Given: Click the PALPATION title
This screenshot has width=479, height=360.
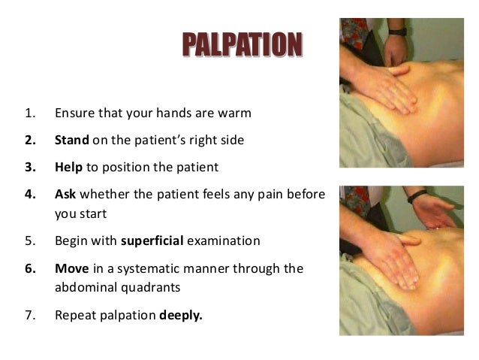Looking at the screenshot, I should click(x=242, y=44).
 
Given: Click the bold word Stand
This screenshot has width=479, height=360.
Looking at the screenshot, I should click(x=72, y=140).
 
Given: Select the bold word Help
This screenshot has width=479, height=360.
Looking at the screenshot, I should click(x=69, y=166).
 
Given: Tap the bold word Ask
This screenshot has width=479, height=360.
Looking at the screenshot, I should click(x=66, y=194).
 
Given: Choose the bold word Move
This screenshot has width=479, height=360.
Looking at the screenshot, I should click(x=71, y=268).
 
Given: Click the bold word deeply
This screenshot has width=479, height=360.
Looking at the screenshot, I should click(x=181, y=315).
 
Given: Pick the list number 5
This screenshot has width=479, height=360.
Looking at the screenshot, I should click(x=29, y=241).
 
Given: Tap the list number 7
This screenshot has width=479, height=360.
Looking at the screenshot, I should click(x=29, y=315).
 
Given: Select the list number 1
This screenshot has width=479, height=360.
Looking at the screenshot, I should click(x=29, y=113).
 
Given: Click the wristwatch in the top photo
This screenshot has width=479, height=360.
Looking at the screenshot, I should click(x=397, y=32).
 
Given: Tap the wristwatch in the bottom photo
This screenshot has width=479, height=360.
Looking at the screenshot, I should click(x=417, y=198).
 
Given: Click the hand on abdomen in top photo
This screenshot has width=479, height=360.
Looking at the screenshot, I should click(x=391, y=91).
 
